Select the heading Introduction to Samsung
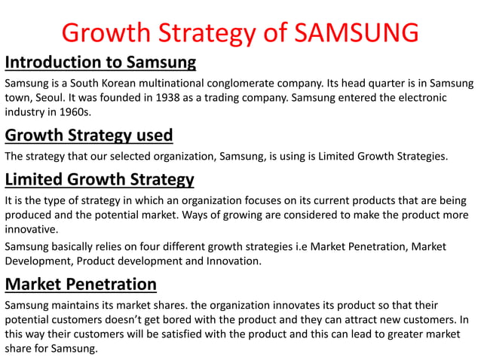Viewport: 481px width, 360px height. click(100, 61)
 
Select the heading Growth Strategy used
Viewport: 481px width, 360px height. click(89, 135)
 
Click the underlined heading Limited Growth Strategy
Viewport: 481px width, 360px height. click(100, 179)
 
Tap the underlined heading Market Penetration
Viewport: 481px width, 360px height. click(81, 284)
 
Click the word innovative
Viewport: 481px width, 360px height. click(30, 230)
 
